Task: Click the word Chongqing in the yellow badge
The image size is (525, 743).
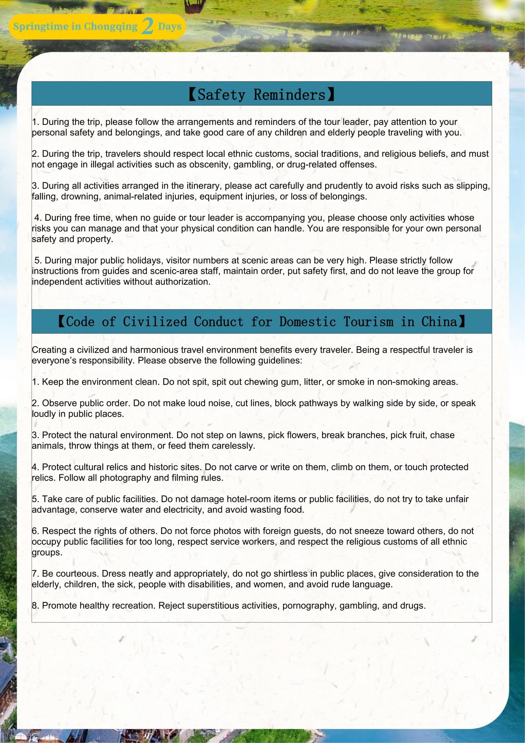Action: click(x=111, y=27)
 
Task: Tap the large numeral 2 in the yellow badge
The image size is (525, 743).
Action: click(x=148, y=26)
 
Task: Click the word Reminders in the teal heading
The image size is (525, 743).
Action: click(x=289, y=95)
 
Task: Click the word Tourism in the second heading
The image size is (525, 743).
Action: click(x=368, y=322)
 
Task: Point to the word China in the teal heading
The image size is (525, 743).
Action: click(x=439, y=322)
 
